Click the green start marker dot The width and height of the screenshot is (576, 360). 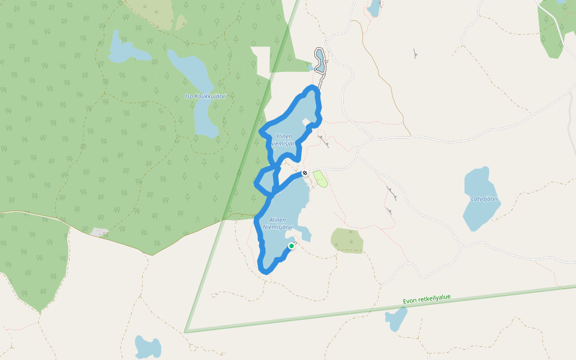292,245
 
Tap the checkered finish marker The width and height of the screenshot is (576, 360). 305,173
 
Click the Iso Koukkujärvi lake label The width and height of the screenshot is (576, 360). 205,96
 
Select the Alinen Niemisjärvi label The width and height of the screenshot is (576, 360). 277,223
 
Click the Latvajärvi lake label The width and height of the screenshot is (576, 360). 484,199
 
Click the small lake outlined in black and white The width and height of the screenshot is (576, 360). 320,60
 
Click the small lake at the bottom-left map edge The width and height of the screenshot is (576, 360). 148,347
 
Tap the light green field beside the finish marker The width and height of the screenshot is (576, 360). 321,178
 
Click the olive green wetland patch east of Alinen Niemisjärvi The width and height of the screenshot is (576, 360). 347,240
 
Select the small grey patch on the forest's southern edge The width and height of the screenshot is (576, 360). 100,232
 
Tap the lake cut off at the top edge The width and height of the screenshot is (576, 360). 374,7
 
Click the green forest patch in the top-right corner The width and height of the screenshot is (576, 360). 556,24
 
